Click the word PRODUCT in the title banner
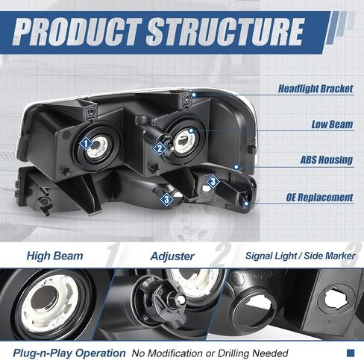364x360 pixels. (x=78, y=32)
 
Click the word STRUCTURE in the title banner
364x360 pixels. (x=225, y=32)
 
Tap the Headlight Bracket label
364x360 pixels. (x=316, y=89)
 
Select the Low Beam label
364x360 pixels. (x=332, y=124)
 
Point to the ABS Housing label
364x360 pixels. (x=327, y=160)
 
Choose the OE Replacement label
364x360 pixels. (x=319, y=198)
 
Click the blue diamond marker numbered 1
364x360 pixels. (x=86, y=144)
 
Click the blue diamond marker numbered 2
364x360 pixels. (x=160, y=149)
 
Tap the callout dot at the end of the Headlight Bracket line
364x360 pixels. (x=194, y=95)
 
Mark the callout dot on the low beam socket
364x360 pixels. (x=191, y=130)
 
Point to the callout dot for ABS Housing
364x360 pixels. (x=236, y=167)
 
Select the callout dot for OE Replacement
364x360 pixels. (x=246, y=203)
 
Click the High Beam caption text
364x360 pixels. (x=54, y=256)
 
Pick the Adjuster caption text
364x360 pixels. (x=172, y=256)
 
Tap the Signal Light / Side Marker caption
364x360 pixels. (x=301, y=256)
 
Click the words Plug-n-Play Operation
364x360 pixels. (x=69, y=353)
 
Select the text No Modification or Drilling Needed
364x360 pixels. (x=210, y=353)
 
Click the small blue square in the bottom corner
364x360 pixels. (x=351, y=353)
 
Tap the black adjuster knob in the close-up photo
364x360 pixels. (x=159, y=297)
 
